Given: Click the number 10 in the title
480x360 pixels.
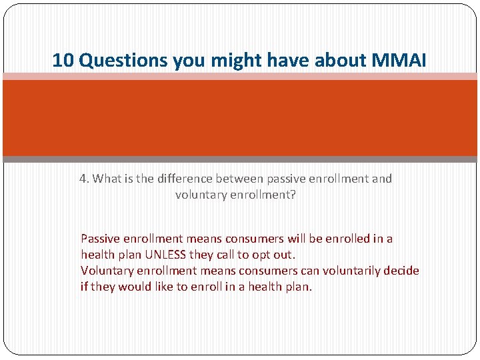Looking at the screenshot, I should click(63, 61).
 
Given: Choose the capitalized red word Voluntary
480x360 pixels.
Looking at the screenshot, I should click(105, 271).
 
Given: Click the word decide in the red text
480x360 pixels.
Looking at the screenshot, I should click(402, 271).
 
